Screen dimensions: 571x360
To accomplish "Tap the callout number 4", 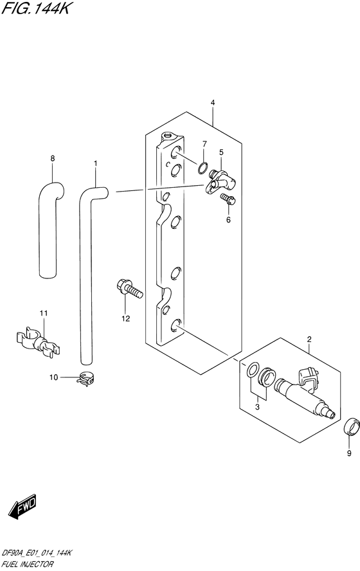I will click(x=212, y=103).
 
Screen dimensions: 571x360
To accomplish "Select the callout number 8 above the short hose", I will click(x=52, y=158).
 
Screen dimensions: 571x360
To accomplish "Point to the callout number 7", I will click(x=204, y=143).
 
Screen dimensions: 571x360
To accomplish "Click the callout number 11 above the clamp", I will click(x=43, y=313).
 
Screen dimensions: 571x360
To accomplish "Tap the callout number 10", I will click(x=55, y=377).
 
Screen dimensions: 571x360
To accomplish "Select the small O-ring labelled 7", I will click(x=203, y=169).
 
